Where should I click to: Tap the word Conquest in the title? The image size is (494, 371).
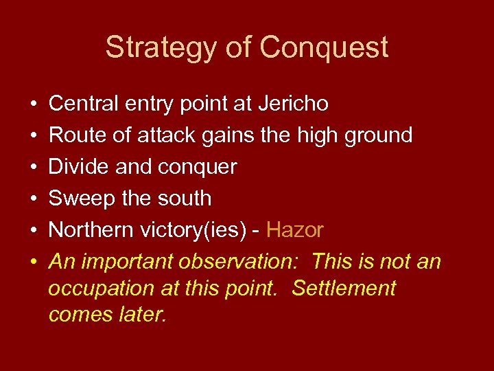click(324, 47)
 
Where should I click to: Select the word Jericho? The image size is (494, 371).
click(293, 103)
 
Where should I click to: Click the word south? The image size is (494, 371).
click(184, 198)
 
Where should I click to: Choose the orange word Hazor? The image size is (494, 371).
click(294, 229)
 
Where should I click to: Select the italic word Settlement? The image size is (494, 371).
click(344, 288)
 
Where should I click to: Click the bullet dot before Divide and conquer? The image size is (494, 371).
click(33, 167)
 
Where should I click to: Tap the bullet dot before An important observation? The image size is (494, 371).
click(33, 262)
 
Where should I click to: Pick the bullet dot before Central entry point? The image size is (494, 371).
click(33, 104)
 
